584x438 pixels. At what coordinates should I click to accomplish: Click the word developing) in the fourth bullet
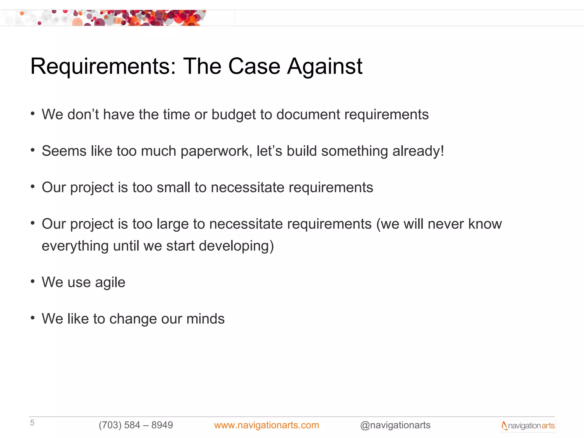coord(236,246)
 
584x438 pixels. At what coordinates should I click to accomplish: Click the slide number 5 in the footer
coord(32,423)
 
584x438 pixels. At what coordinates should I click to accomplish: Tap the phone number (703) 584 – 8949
coord(136,425)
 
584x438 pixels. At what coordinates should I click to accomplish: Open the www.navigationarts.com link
coord(266,425)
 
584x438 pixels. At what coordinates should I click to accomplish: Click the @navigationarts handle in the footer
coord(395,425)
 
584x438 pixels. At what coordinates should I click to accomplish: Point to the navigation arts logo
coord(528,426)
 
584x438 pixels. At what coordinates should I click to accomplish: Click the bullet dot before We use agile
coord(33,281)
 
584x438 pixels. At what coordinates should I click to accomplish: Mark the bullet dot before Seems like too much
coord(33,150)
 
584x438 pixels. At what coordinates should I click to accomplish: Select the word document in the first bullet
coord(308,115)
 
